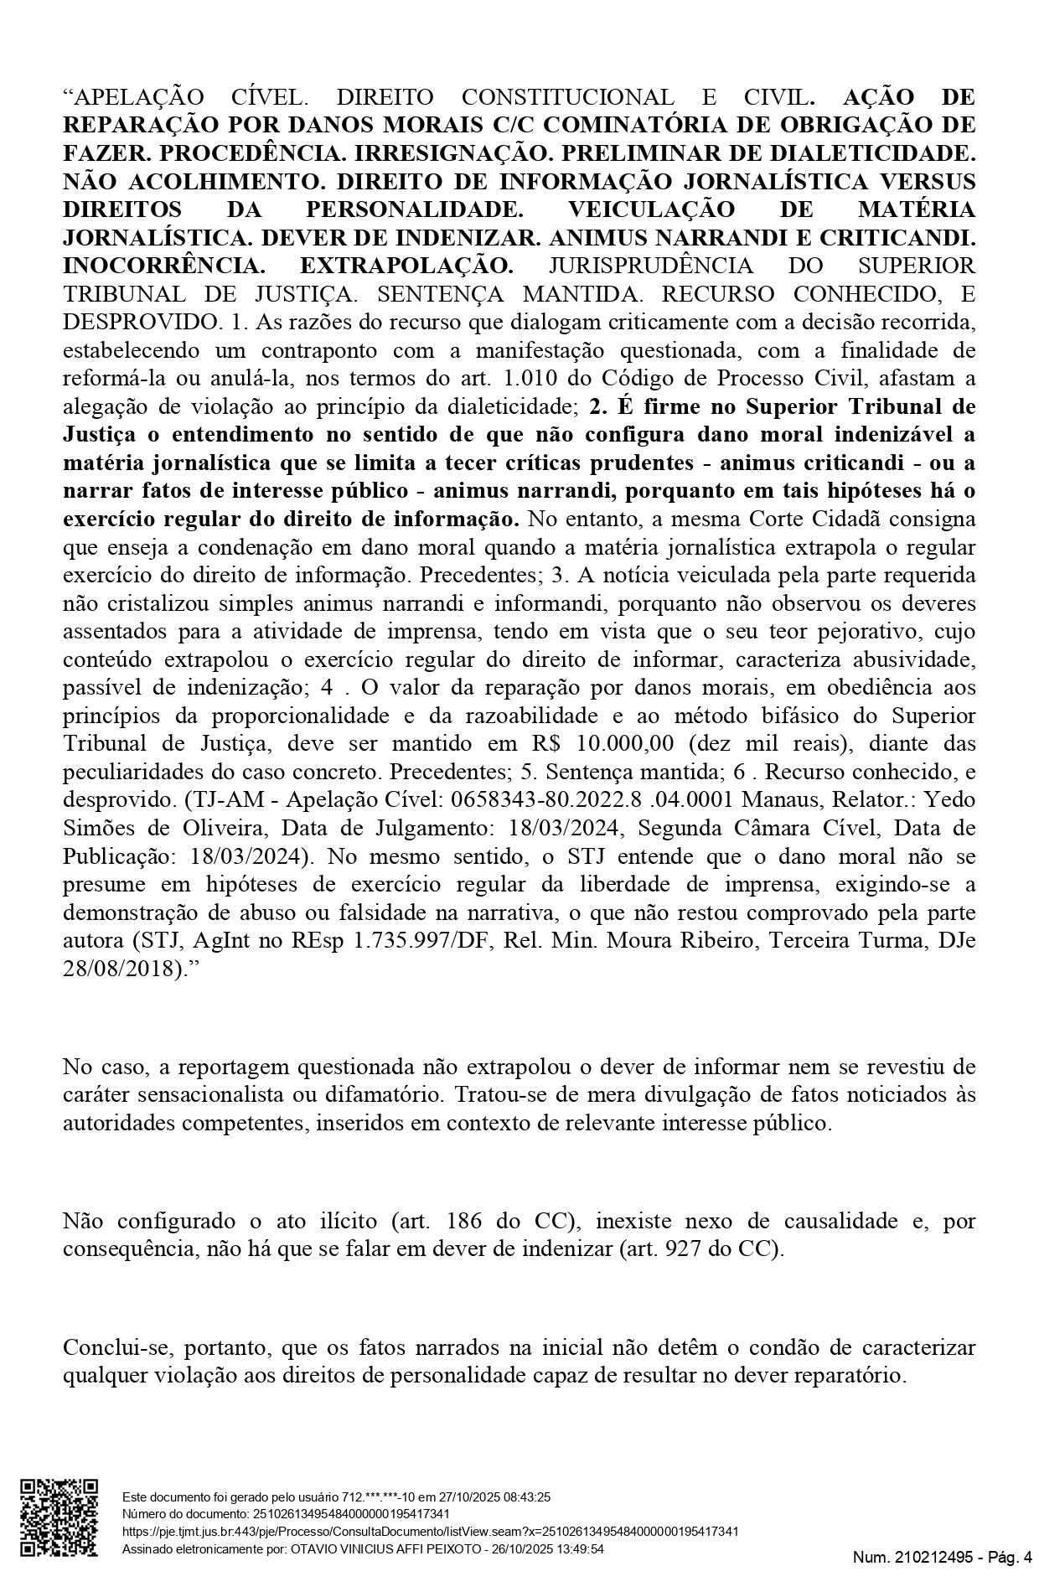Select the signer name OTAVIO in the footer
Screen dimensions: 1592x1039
click(315, 1549)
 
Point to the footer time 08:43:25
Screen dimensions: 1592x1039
click(525, 1496)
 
